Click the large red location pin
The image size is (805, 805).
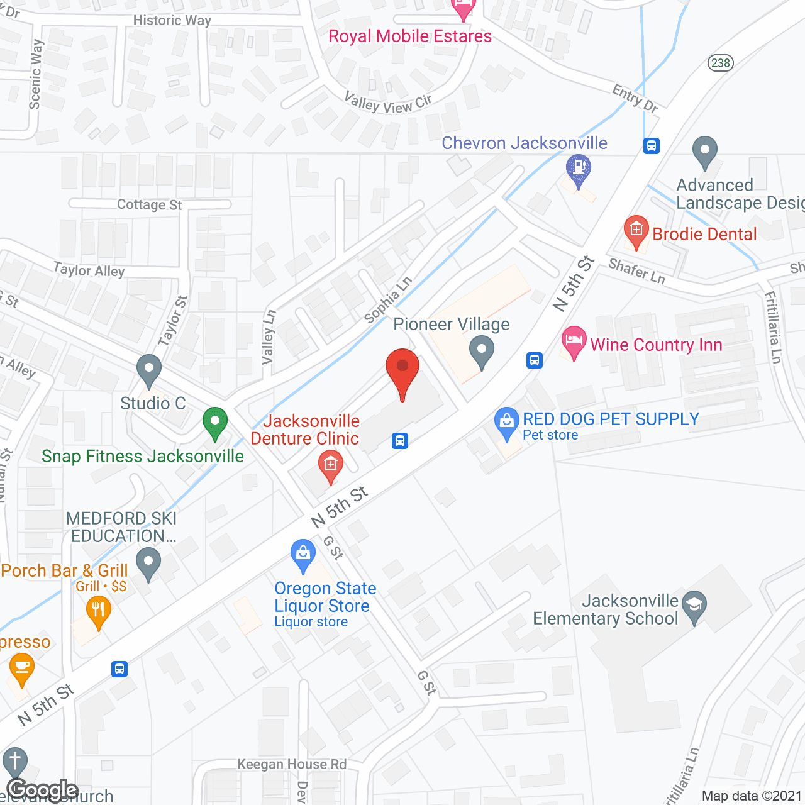pos(402,371)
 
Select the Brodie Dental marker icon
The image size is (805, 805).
pos(636,231)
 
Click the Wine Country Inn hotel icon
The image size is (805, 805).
pos(574,342)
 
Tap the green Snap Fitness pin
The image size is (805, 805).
pos(215,422)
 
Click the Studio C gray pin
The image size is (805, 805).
pos(149,370)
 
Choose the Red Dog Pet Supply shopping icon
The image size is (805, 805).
pos(506,423)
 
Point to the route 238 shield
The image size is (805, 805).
pos(720,63)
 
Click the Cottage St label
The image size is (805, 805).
pos(150,204)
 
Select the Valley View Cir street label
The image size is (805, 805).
pos(388,103)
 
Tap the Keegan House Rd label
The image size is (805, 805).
pos(292,764)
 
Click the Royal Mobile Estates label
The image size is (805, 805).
pos(410,36)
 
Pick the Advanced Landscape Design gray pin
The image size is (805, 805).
pos(704,152)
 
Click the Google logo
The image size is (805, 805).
pos(43,790)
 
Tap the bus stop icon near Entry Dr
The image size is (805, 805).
pos(652,146)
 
